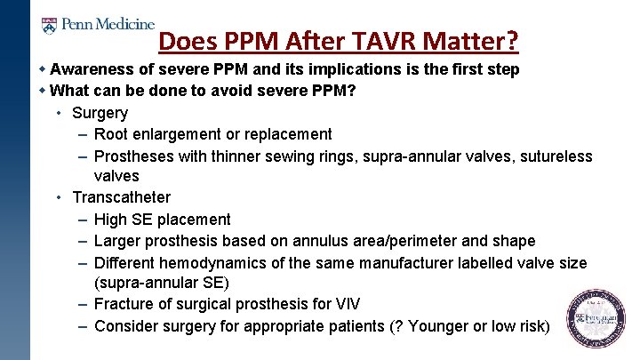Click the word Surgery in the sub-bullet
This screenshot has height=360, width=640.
pos(100,113)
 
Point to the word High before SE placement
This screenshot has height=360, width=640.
pos(111,220)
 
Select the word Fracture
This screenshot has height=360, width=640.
pos(124,305)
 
